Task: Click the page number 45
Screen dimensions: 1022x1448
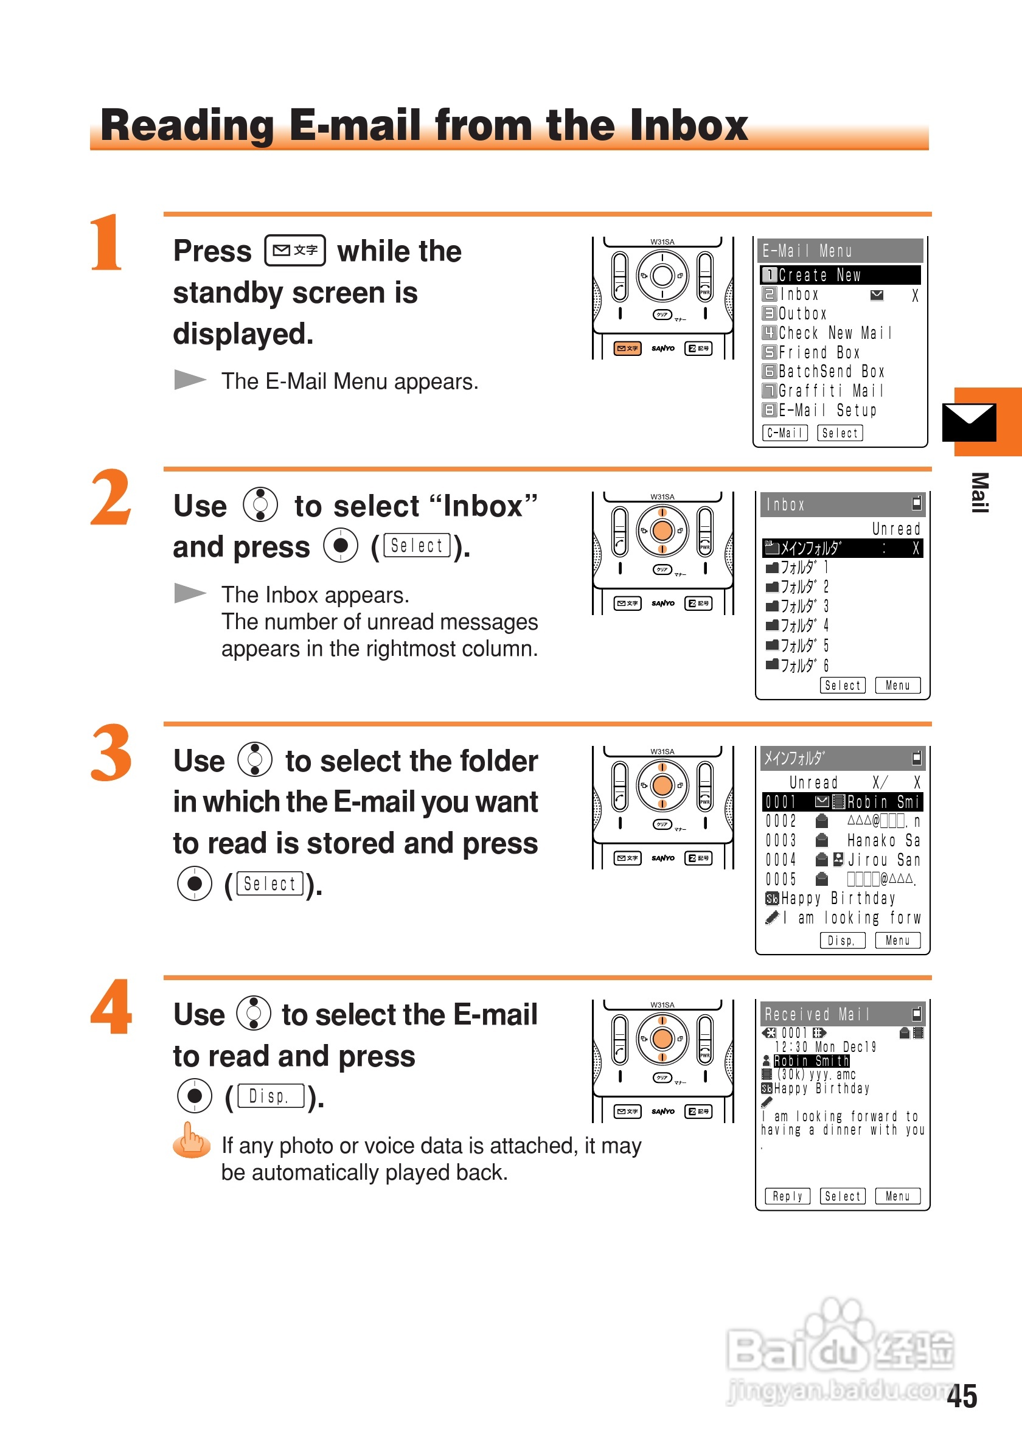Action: (962, 1396)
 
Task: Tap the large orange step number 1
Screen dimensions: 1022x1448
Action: (106, 242)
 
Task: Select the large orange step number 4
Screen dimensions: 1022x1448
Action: (111, 1006)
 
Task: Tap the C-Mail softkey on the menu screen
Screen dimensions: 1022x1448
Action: (785, 433)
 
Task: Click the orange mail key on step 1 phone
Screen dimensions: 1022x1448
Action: (627, 348)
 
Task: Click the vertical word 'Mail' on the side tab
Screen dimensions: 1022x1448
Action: (979, 493)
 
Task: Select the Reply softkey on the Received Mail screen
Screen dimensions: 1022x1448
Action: (787, 1196)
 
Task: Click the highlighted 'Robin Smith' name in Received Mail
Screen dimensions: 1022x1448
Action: (812, 1062)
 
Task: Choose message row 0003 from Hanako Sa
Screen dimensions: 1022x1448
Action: (843, 841)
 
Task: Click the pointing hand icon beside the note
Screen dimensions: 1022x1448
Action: (192, 1140)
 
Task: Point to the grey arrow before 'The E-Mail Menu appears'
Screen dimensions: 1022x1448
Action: (190, 380)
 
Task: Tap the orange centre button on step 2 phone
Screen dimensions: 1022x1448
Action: (662, 531)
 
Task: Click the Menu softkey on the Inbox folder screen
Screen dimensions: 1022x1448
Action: (898, 686)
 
